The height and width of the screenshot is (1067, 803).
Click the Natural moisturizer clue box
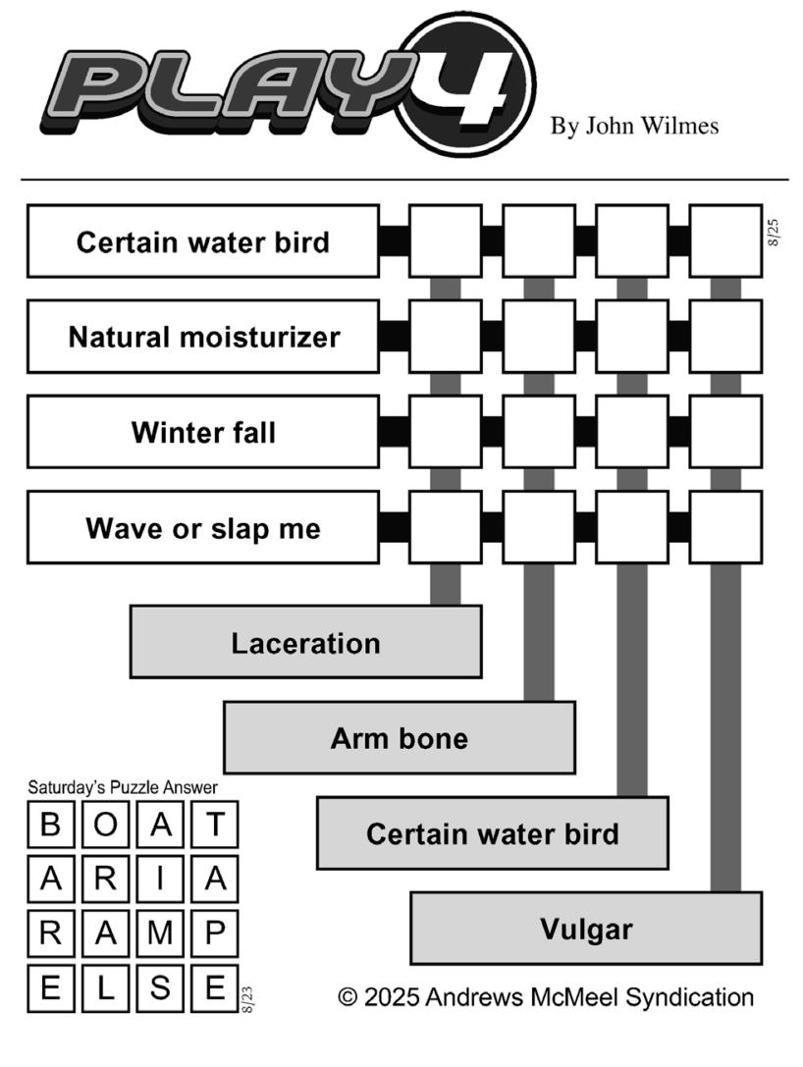click(203, 337)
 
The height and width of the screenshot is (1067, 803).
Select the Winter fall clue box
click(203, 432)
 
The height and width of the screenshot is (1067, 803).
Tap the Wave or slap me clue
click(203, 528)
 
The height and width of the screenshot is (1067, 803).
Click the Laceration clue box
click(305, 642)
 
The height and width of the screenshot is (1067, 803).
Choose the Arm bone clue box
click(400, 737)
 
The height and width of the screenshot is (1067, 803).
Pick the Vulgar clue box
click(586, 929)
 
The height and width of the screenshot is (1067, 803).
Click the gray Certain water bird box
click(493, 833)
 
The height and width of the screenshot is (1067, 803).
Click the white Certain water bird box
click(203, 241)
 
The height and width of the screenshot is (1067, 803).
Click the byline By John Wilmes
click(634, 126)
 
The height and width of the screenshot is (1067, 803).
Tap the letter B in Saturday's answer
click(51, 825)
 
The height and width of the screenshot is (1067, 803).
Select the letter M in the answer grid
click(160, 933)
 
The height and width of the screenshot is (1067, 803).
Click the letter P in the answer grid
click(215, 933)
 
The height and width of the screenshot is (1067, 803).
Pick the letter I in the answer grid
click(160, 880)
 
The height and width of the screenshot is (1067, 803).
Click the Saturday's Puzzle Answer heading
click(123, 788)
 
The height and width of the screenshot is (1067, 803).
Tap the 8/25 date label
click(774, 233)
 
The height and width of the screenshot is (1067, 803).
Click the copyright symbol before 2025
click(348, 997)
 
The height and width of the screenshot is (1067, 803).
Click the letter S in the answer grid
click(160, 987)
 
